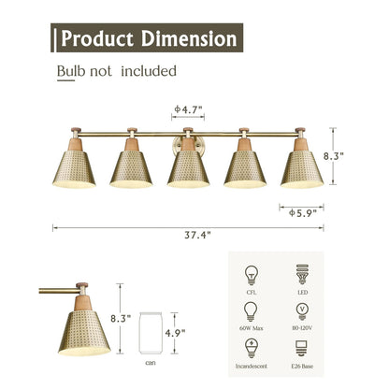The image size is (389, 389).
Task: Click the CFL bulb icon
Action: coord(252,276)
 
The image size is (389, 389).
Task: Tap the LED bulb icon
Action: coord(300,276)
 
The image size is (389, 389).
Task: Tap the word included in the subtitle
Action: coord(147,71)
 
